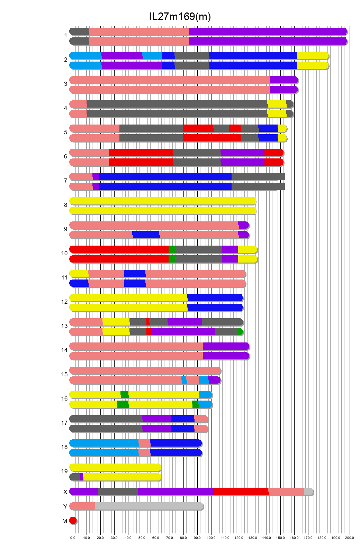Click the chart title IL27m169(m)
pos(180,17)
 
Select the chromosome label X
pos(65,492)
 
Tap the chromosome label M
pos(65,521)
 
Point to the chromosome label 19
pos(64,471)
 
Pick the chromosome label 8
pos(65,205)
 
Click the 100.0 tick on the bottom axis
pos(211,538)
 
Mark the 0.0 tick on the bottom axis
pos(73,538)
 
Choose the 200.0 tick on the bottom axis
pos(350,538)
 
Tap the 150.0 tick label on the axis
pos(280,538)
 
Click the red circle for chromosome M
pos(73,520)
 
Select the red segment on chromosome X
pos(241,492)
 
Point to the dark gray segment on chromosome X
pos(118,492)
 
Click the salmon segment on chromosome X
pos(286,492)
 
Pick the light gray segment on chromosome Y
pos(149,506)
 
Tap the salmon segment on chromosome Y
pos(82,506)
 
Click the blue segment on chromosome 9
pos(146,235)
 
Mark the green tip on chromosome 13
pos(240,332)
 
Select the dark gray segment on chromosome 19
pos(75,477)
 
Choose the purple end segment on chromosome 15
pos(214,380)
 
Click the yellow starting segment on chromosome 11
pos(79,274)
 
